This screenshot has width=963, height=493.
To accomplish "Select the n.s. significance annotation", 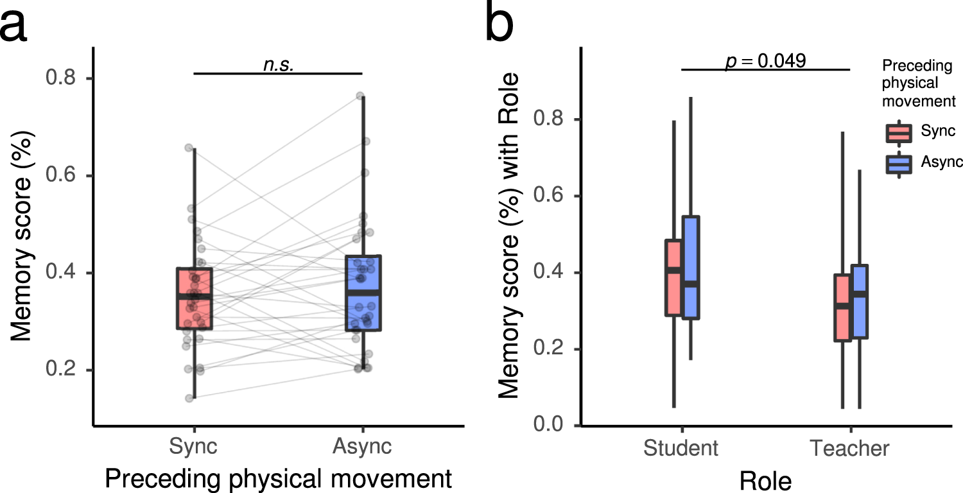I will [278, 64].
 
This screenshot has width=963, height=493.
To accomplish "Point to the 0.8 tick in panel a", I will [62, 78].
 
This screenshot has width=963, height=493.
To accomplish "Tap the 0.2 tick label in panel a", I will [62, 370].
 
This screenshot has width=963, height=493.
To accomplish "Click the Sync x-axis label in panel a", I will [194, 446].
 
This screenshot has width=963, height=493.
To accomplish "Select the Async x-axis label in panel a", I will [362, 446].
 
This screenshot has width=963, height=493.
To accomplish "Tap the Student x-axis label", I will [681, 447].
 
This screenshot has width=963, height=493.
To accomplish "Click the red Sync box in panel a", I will [194, 298].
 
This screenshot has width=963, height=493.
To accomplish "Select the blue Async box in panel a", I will [363, 292].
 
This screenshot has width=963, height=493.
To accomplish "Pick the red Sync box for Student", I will [673, 277].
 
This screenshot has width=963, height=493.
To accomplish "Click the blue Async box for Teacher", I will [859, 302].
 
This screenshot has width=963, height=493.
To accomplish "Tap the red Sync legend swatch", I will [898, 132].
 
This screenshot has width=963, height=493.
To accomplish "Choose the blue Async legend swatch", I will [898, 164].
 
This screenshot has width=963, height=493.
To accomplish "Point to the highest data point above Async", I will [360, 96].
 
